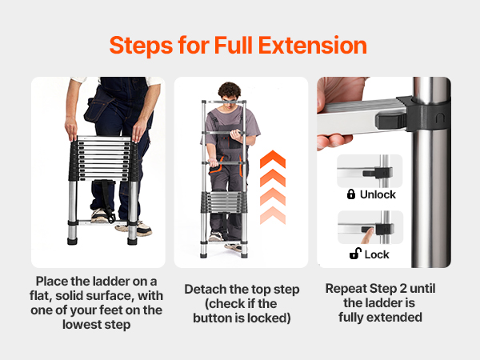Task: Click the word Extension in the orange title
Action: click(313, 46)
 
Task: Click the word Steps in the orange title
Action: click(141, 46)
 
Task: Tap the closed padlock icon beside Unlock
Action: click(351, 194)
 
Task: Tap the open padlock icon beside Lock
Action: click(355, 254)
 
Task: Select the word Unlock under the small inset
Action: click(378, 194)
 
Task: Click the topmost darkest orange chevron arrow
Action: click(273, 159)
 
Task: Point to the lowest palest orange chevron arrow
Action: click(273, 215)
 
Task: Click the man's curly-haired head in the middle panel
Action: click(230, 94)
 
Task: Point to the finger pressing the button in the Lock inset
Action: click(368, 236)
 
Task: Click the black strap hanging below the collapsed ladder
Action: click(106, 199)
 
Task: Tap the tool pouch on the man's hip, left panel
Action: click(94, 110)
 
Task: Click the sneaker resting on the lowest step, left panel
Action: click(100, 215)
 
